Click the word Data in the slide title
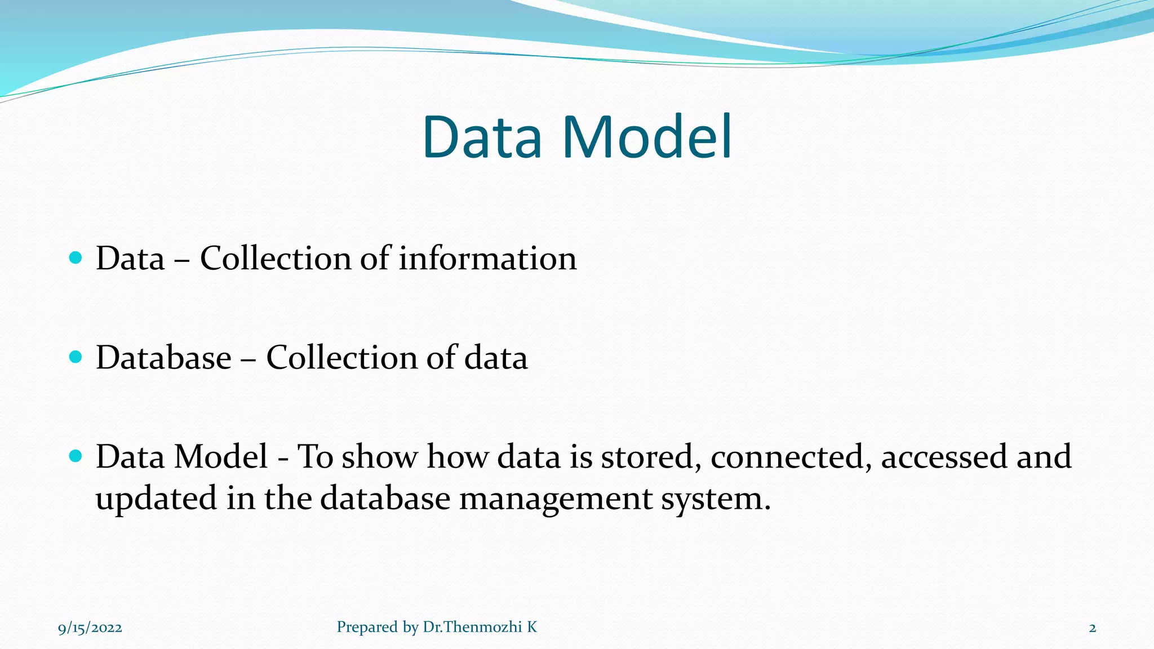coord(482,137)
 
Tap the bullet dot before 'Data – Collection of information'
coord(76,258)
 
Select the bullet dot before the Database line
coord(76,357)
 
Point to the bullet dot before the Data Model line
coord(76,456)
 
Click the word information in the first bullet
coord(488,259)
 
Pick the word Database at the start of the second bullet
coord(163,358)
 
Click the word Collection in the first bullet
coord(276,259)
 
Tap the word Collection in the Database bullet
coord(341,358)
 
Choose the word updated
coord(156,499)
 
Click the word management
coord(556,499)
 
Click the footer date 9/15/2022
coord(90,628)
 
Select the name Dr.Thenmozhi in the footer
coord(472,627)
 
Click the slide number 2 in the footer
coord(1093,628)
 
